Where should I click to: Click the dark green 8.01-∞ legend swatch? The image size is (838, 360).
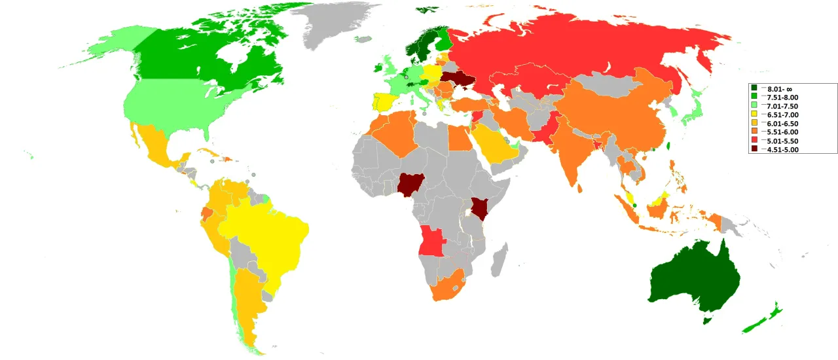(754, 88)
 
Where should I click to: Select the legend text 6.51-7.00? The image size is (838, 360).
(783, 115)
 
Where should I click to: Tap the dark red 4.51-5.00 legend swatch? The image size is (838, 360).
(754, 149)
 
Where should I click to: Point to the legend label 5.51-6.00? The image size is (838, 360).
(783, 132)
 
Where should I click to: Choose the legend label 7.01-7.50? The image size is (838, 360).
(783, 105)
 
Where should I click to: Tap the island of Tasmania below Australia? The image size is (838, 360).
(706, 320)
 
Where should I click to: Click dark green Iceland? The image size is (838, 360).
(428, 10)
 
